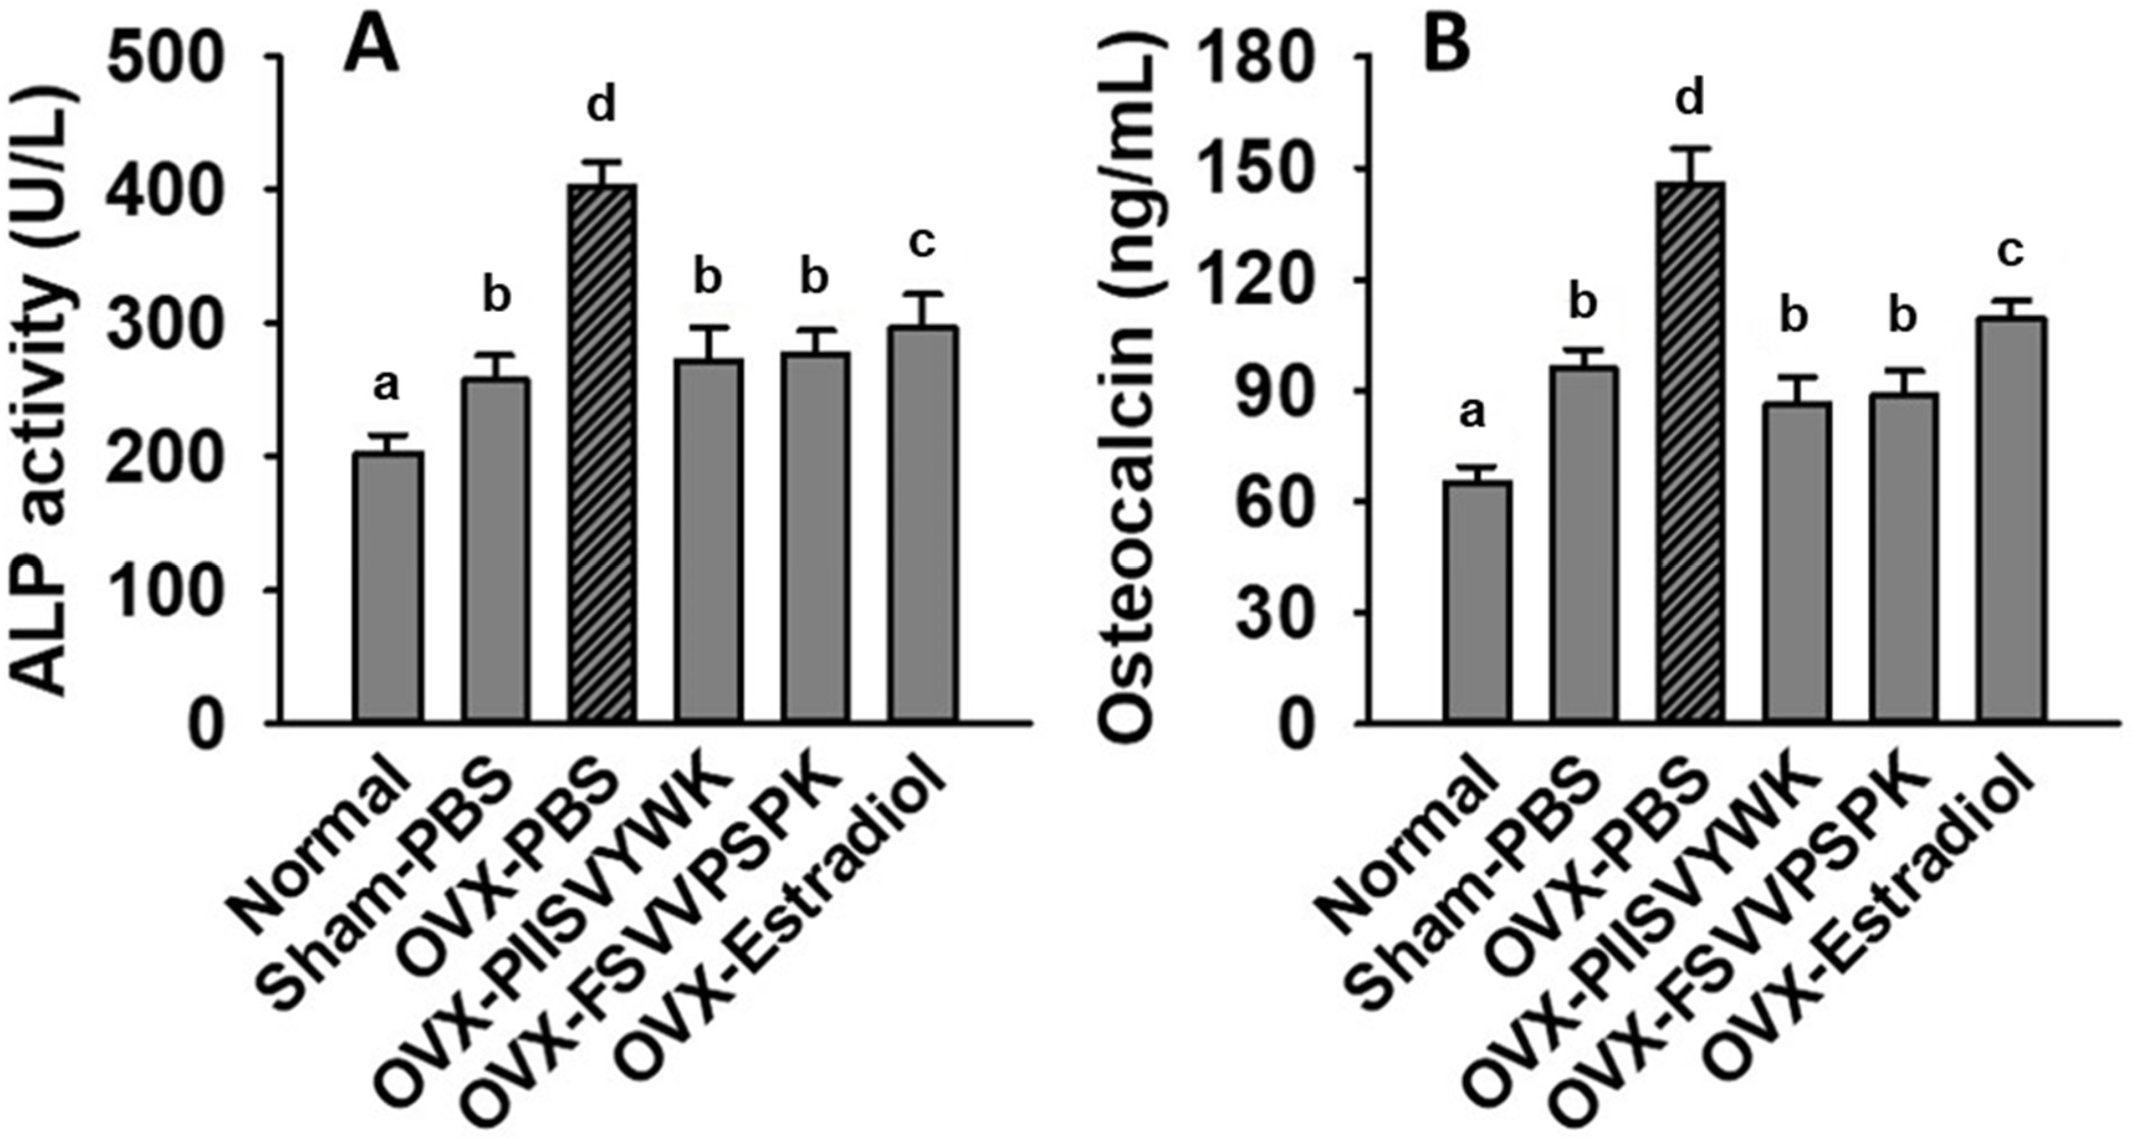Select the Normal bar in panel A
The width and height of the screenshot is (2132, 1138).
click(x=388, y=588)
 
